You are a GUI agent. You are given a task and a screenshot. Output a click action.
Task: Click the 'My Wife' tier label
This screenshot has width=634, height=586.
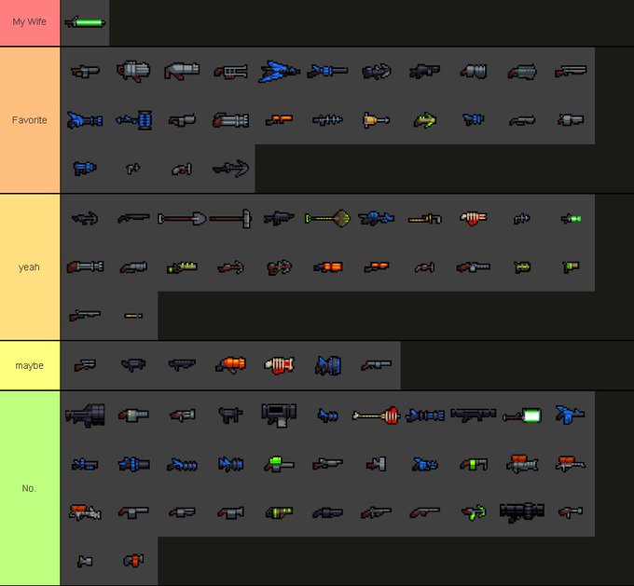point(30,22)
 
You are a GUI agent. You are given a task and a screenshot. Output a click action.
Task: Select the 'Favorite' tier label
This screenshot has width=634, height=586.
point(30,120)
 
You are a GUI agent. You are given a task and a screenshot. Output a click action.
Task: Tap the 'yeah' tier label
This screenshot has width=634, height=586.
point(30,267)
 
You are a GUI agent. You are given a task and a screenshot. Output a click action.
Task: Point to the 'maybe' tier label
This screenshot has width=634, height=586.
point(30,365)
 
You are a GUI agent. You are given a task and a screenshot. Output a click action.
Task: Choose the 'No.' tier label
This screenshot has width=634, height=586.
point(30,487)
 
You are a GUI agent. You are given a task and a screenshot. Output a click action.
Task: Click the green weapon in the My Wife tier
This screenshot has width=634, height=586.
point(85,22)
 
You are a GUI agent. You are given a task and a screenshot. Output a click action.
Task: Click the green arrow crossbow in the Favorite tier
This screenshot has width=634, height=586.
point(424,120)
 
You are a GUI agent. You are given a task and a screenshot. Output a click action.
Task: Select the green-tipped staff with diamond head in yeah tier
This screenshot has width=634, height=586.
point(327,219)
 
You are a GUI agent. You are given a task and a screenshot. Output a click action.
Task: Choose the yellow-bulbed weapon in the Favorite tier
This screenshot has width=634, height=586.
point(376,120)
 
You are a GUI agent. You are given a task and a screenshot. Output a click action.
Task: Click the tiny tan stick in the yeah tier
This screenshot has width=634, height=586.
point(133,316)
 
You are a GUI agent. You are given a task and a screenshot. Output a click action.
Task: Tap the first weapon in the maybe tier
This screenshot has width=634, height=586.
point(85,365)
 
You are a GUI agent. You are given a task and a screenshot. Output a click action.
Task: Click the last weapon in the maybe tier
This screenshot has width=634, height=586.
point(376,365)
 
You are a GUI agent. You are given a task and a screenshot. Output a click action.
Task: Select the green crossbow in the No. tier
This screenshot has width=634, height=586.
point(473,511)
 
